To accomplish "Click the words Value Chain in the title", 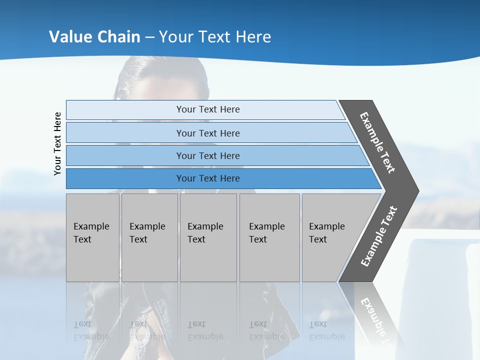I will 94,37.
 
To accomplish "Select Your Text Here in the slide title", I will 215,37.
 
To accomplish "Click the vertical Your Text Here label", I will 57,143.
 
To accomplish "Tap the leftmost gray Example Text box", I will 92,237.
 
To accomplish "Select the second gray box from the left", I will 149,237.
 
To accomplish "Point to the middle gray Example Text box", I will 208,237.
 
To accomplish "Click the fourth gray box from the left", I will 269,237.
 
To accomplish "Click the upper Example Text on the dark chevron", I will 377,142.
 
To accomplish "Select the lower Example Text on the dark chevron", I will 378,236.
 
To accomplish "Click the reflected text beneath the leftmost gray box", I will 91,330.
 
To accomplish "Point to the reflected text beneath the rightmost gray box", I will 326,330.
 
